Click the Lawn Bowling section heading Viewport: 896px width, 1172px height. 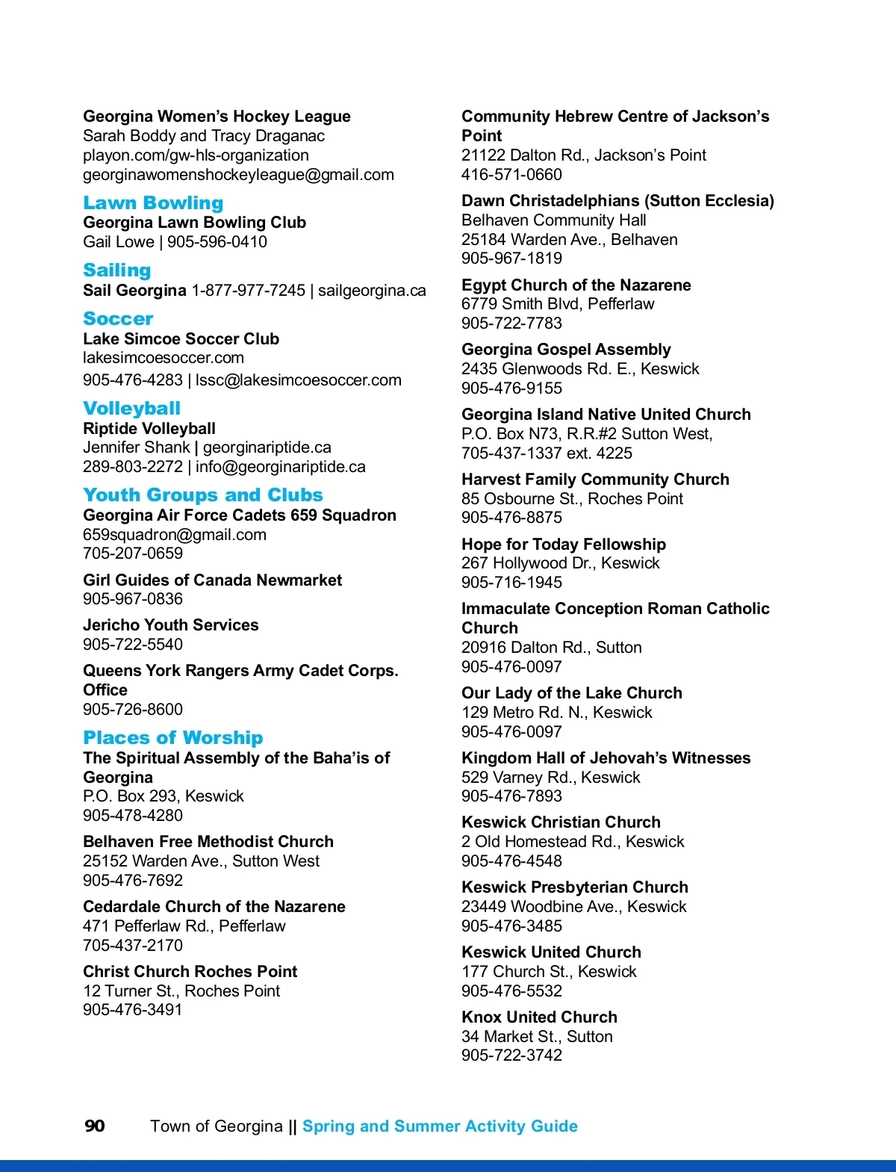[153, 203]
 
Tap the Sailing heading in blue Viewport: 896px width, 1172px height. [117, 270]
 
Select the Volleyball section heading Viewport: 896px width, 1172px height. [131, 409]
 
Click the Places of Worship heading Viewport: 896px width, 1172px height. [172, 738]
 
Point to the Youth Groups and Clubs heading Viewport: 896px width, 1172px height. [203, 495]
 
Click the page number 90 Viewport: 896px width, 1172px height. [95, 1126]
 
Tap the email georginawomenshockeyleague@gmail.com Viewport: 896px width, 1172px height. [238, 175]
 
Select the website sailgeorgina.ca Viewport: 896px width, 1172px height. [372, 291]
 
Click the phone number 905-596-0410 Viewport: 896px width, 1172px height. [217, 242]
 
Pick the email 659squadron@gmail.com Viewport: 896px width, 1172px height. [175, 535]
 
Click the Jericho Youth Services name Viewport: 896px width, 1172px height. [171, 625]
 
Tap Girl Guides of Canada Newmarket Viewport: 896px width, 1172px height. [212, 580]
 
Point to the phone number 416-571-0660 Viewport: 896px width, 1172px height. [511, 175]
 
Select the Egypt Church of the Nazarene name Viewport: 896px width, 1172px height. [576, 285]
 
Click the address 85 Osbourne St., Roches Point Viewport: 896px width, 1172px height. [572, 499]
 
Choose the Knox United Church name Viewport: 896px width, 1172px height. [539, 1017]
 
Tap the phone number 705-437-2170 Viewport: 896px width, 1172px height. [133, 946]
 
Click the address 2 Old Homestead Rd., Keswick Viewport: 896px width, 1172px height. [573, 842]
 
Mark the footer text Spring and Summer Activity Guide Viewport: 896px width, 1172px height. [440, 1126]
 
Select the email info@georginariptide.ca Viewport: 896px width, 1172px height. [281, 467]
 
